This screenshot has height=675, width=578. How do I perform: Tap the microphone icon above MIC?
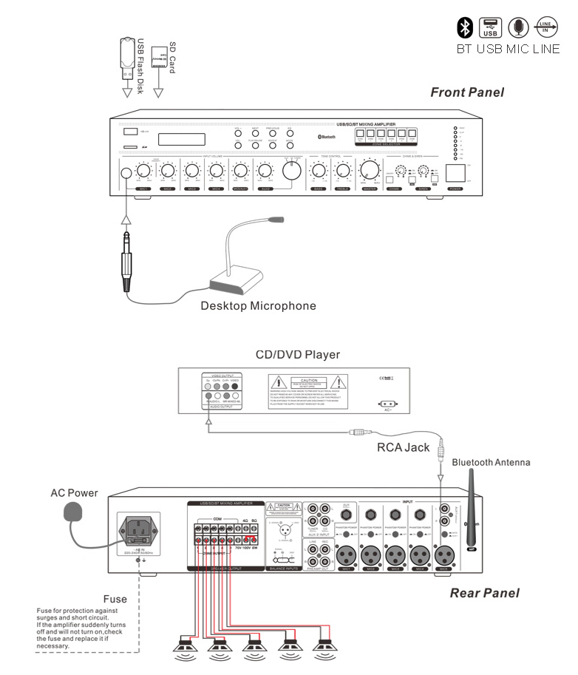(x=519, y=27)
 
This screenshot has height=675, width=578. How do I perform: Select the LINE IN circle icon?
(x=546, y=27)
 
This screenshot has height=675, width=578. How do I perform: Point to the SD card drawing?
(x=157, y=57)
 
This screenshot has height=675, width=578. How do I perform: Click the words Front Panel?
(x=467, y=92)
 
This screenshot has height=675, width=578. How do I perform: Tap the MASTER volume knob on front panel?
(x=367, y=172)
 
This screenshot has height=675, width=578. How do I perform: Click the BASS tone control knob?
(x=319, y=171)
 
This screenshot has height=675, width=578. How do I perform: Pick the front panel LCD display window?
(x=182, y=139)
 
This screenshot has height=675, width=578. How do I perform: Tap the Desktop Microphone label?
(x=258, y=305)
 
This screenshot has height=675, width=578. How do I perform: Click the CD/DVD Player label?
(x=297, y=355)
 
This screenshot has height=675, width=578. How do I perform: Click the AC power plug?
(x=72, y=512)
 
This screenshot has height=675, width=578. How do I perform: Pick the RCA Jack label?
(x=403, y=447)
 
